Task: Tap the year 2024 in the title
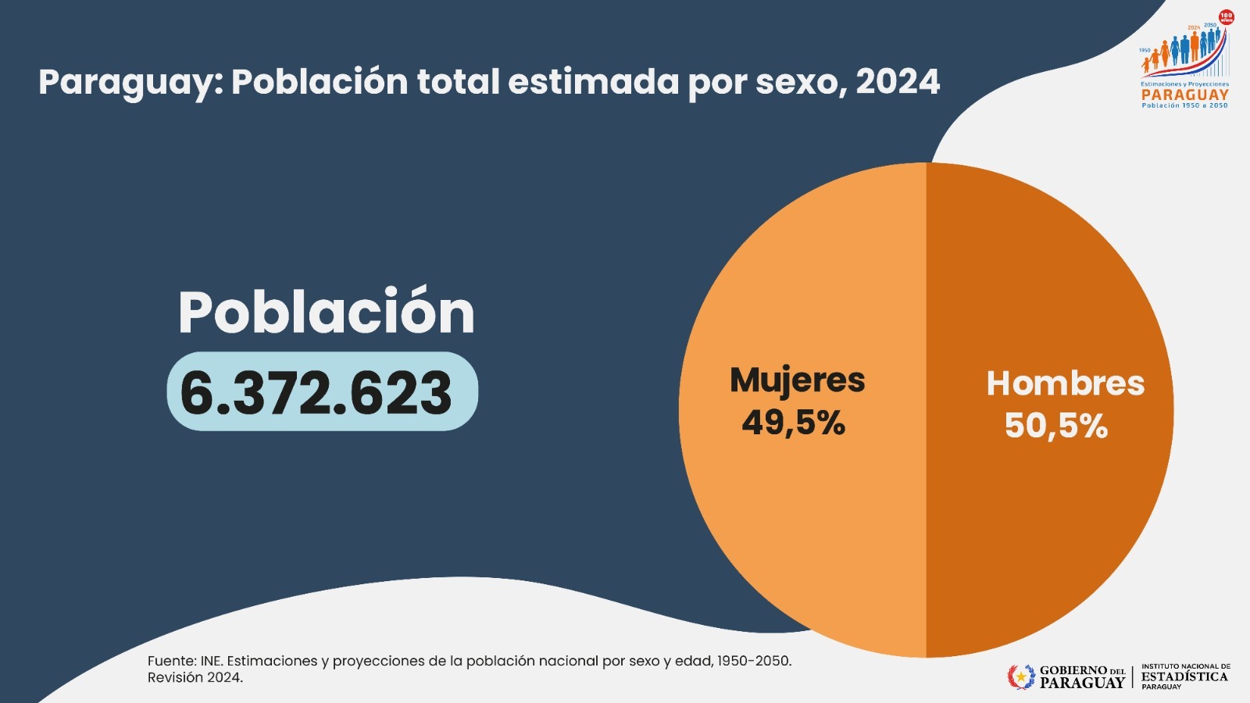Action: tap(898, 83)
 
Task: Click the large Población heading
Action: tap(326, 312)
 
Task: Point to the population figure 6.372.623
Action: tap(316, 393)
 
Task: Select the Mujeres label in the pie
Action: tap(797, 380)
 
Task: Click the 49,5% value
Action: tap(793, 423)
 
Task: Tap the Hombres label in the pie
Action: tap(1065, 384)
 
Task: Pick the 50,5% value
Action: tap(1055, 426)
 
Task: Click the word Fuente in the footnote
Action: tap(171, 661)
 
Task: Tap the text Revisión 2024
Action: tap(195, 678)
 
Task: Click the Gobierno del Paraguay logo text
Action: tap(1082, 676)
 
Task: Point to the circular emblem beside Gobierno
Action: tap(1020, 676)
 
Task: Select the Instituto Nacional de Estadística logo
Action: tap(1184, 676)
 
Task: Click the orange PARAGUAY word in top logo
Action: tap(1184, 95)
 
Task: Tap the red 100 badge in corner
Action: tap(1227, 17)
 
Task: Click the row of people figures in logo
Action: tap(1181, 51)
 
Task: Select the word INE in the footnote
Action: tap(211, 661)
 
